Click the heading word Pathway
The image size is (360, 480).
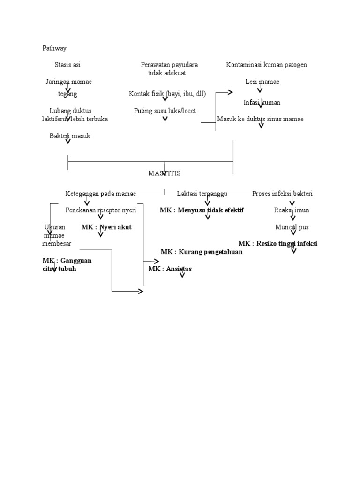tap(54, 48)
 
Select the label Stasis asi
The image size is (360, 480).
tap(67, 65)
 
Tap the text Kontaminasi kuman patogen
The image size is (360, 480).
tap(266, 65)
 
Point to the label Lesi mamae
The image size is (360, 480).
tap(262, 82)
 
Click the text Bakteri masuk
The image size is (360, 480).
tap(70, 136)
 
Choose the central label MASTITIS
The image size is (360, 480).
tap(165, 173)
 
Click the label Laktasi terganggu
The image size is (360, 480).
tap(202, 194)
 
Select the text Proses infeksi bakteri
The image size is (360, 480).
tap(282, 194)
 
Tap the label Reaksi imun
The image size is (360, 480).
tap(292, 210)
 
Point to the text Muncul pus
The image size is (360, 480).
tap(292, 227)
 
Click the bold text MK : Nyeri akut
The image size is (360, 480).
tap(106, 227)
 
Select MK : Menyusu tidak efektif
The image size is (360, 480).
tap(202, 210)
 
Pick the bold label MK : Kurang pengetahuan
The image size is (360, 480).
tap(202, 252)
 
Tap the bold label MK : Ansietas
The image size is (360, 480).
tap(170, 269)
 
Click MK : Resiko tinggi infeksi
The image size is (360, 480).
tap(277, 244)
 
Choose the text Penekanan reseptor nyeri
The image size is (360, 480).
tap(101, 210)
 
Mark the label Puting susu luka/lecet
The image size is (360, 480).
tap(165, 111)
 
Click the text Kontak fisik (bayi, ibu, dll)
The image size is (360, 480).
tap(167, 94)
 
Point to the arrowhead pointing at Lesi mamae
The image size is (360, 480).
tap(230, 92)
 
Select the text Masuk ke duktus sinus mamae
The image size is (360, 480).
tap(260, 119)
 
